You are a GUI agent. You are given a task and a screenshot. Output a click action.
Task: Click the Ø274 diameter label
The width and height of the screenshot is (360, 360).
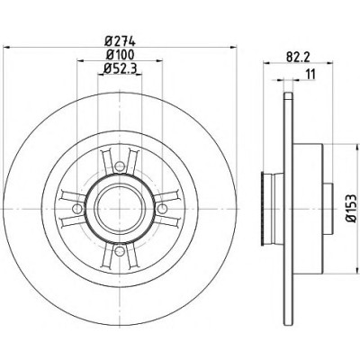point(120,40)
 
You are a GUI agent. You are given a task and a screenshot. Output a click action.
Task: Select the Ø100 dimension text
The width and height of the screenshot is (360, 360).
point(120,55)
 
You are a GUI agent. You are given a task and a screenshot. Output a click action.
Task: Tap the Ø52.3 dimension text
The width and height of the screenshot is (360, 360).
point(120,69)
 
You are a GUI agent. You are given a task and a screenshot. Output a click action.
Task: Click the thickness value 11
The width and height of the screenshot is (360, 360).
point(310,74)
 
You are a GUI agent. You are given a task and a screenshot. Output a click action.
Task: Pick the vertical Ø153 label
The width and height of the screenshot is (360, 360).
point(351,208)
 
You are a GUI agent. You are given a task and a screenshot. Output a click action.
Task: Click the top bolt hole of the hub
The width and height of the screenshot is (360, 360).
point(120,166)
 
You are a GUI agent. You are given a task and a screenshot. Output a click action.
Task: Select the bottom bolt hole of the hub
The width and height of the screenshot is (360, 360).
point(120,250)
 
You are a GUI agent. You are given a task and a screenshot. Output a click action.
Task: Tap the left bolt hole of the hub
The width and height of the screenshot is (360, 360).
point(77,208)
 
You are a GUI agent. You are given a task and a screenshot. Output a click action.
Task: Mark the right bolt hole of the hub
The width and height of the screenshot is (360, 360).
point(162,208)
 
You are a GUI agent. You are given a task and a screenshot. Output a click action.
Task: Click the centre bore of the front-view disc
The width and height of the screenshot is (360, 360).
point(120,208)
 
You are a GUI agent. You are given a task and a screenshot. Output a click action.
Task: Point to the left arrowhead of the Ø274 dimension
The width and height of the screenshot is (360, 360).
point(6,47)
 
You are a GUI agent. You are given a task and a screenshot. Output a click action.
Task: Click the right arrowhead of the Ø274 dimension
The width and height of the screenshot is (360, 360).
point(233,47)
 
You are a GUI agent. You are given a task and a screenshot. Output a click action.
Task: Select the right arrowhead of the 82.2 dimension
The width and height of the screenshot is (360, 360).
point(328,63)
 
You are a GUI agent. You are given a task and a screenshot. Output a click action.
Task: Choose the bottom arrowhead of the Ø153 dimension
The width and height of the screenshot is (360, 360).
point(357,268)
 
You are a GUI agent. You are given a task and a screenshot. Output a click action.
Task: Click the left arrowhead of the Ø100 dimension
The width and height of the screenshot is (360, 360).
point(81,61)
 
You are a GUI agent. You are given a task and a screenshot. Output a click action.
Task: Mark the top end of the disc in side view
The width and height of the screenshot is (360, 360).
point(288,94)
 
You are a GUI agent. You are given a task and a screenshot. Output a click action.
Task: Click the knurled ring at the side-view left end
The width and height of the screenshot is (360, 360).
point(263,208)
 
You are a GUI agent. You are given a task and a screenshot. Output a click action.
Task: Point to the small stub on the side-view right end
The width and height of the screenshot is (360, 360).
point(328,208)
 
